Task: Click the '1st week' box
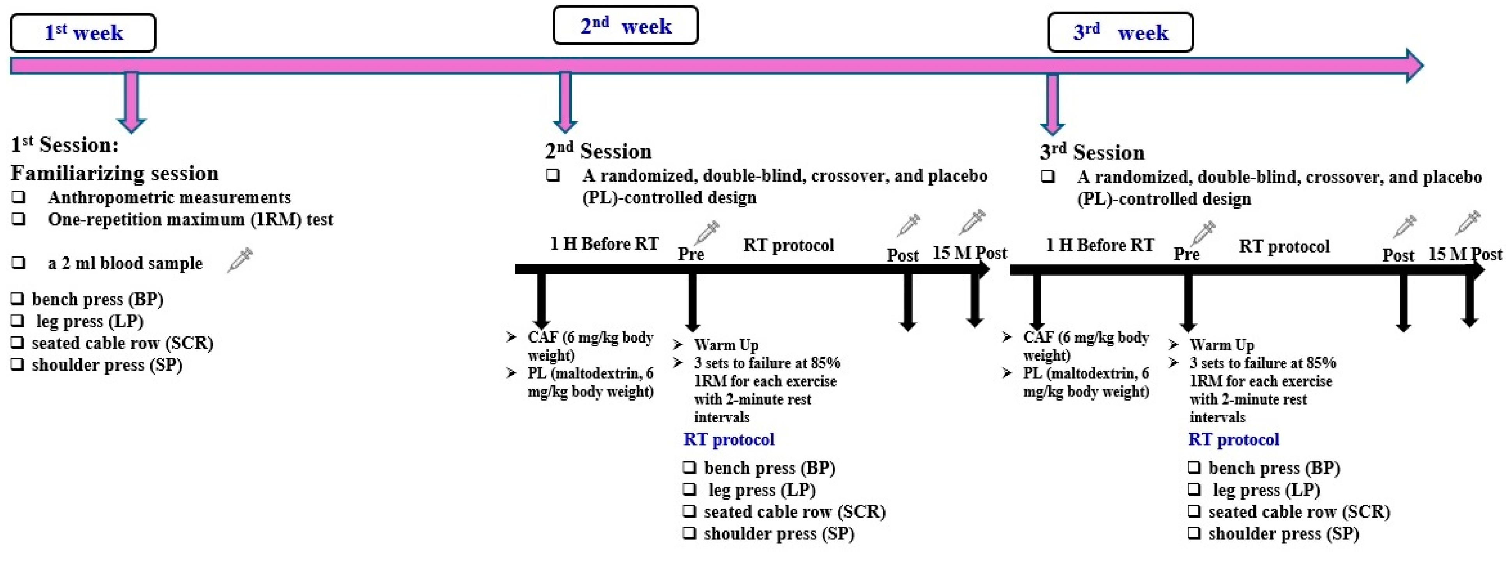(x=83, y=33)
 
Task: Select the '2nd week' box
(x=625, y=26)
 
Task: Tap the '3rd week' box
(x=1120, y=33)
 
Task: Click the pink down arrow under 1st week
(x=131, y=101)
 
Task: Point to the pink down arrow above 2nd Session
(x=565, y=101)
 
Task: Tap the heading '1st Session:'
(x=65, y=145)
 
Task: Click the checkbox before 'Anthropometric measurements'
(x=19, y=197)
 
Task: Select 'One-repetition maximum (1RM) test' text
(x=190, y=219)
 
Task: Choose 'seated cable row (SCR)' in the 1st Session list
(x=122, y=343)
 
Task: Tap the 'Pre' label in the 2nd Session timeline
(x=690, y=254)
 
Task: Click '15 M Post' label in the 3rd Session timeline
(x=1465, y=254)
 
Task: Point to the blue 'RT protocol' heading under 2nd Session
(x=729, y=439)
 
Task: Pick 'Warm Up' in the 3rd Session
(x=1221, y=345)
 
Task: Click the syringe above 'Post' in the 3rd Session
(x=1405, y=226)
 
